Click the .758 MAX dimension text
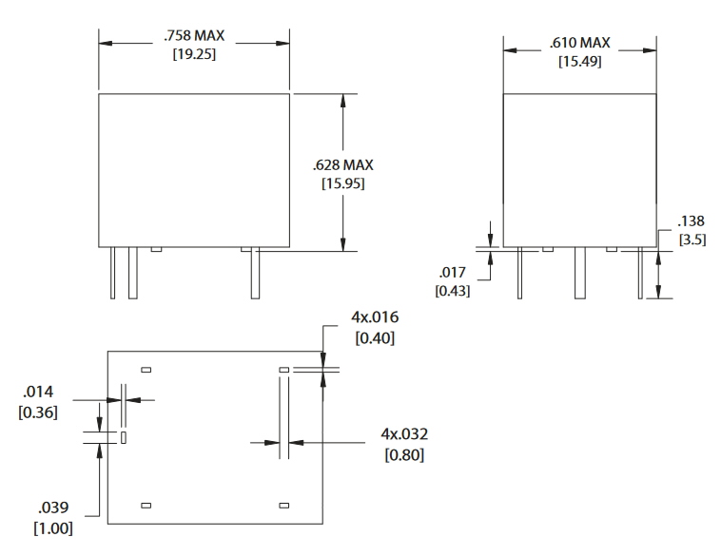click(x=194, y=36)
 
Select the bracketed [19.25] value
click(x=194, y=55)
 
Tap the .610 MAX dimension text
click(x=579, y=43)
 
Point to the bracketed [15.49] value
click(x=579, y=61)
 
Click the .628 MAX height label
click(x=342, y=164)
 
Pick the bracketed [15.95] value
click(x=342, y=182)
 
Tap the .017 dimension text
click(x=451, y=273)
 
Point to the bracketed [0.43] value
click(x=452, y=290)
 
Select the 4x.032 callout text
click(x=404, y=434)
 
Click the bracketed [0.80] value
click(x=404, y=454)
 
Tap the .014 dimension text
click(x=38, y=393)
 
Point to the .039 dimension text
click(x=53, y=508)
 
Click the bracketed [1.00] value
click(x=53, y=527)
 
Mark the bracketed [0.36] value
click(x=38, y=412)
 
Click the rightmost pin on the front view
click(x=255, y=274)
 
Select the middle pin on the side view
click(x=579, y=274)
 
